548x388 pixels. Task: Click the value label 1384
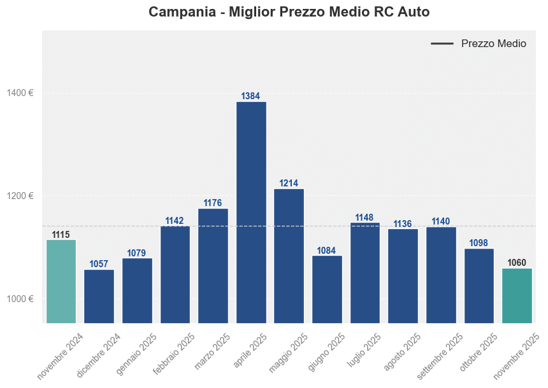(251, 96)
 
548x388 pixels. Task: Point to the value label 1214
(289, 183)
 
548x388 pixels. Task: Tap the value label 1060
(517, 263)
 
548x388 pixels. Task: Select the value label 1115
(61, 235)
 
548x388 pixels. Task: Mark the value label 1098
(479, 243)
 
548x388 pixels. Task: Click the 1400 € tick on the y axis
(20, 93)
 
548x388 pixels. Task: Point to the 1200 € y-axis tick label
(20, 196)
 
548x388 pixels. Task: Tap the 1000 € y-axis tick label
(20, 299)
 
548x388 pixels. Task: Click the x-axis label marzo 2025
(213, 353)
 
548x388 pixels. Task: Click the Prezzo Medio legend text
(494, 44)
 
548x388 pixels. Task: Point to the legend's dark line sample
(442, 44)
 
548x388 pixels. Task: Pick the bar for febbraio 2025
(175, 274)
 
